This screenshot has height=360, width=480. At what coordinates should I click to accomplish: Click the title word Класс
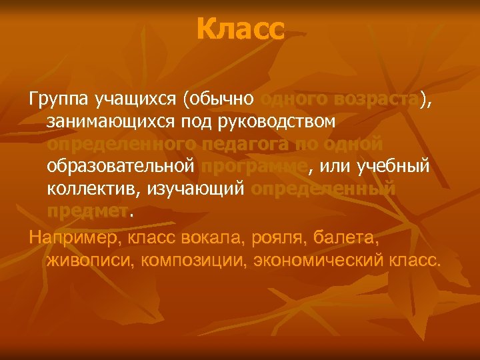click(x=241, y=29)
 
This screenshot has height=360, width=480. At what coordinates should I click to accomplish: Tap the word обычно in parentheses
click(x=223, y=100)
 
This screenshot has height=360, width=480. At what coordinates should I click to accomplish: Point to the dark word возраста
click(x=379, y=99)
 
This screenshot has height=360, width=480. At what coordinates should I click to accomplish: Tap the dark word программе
click(x=254, y=167)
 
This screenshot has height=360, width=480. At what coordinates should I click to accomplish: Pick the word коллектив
click(x=90, y=189)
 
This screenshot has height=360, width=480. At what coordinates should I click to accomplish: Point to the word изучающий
click(x=193, y=189)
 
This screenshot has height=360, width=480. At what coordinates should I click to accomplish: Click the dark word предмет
click(x=87, y=212)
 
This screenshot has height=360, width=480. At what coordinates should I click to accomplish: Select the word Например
click(x=69, y=237)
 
